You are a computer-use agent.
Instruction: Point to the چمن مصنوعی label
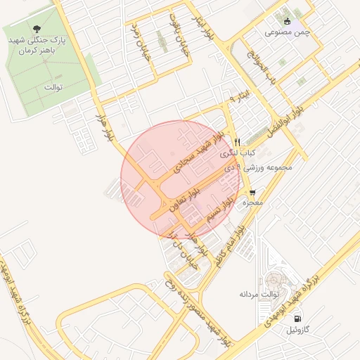pyautogui.click(x=288, y=32)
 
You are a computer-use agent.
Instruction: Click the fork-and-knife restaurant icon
pyautogui.click(x=238, y=141)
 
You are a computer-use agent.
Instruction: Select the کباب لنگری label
pyautogui.click(x=238, y=153)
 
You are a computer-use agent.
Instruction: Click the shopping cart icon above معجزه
pyautogui.click(x=252, y=191)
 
